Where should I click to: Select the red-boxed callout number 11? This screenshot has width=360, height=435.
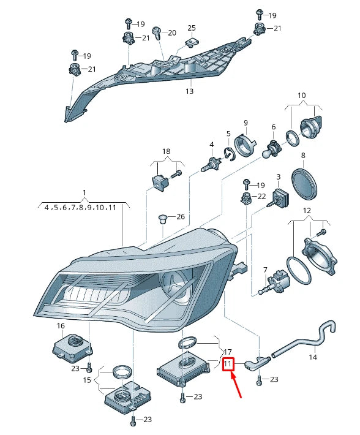(227, 364)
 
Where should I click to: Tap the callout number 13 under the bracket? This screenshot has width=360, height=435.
(189, 91)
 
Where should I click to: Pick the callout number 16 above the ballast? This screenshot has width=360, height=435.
(61, 326)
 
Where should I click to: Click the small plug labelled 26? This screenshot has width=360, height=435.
(162, 219)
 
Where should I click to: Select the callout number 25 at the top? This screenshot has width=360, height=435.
(192, 28)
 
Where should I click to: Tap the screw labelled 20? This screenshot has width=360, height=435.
(157, 32)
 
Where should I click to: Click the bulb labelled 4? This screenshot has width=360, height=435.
(211, 165)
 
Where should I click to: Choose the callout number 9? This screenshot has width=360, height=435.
(246, 123)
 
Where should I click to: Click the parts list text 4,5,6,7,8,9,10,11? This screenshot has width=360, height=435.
(80, 208)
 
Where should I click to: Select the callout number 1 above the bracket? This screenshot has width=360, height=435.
(84, 192)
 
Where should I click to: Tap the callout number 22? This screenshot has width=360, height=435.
(261, 196)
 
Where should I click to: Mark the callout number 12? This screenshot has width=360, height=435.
(307, 211)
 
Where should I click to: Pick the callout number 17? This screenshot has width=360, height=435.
(227, 352)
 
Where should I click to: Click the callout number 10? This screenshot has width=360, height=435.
(301, 96)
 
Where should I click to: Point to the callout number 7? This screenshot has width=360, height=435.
(265, 270)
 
